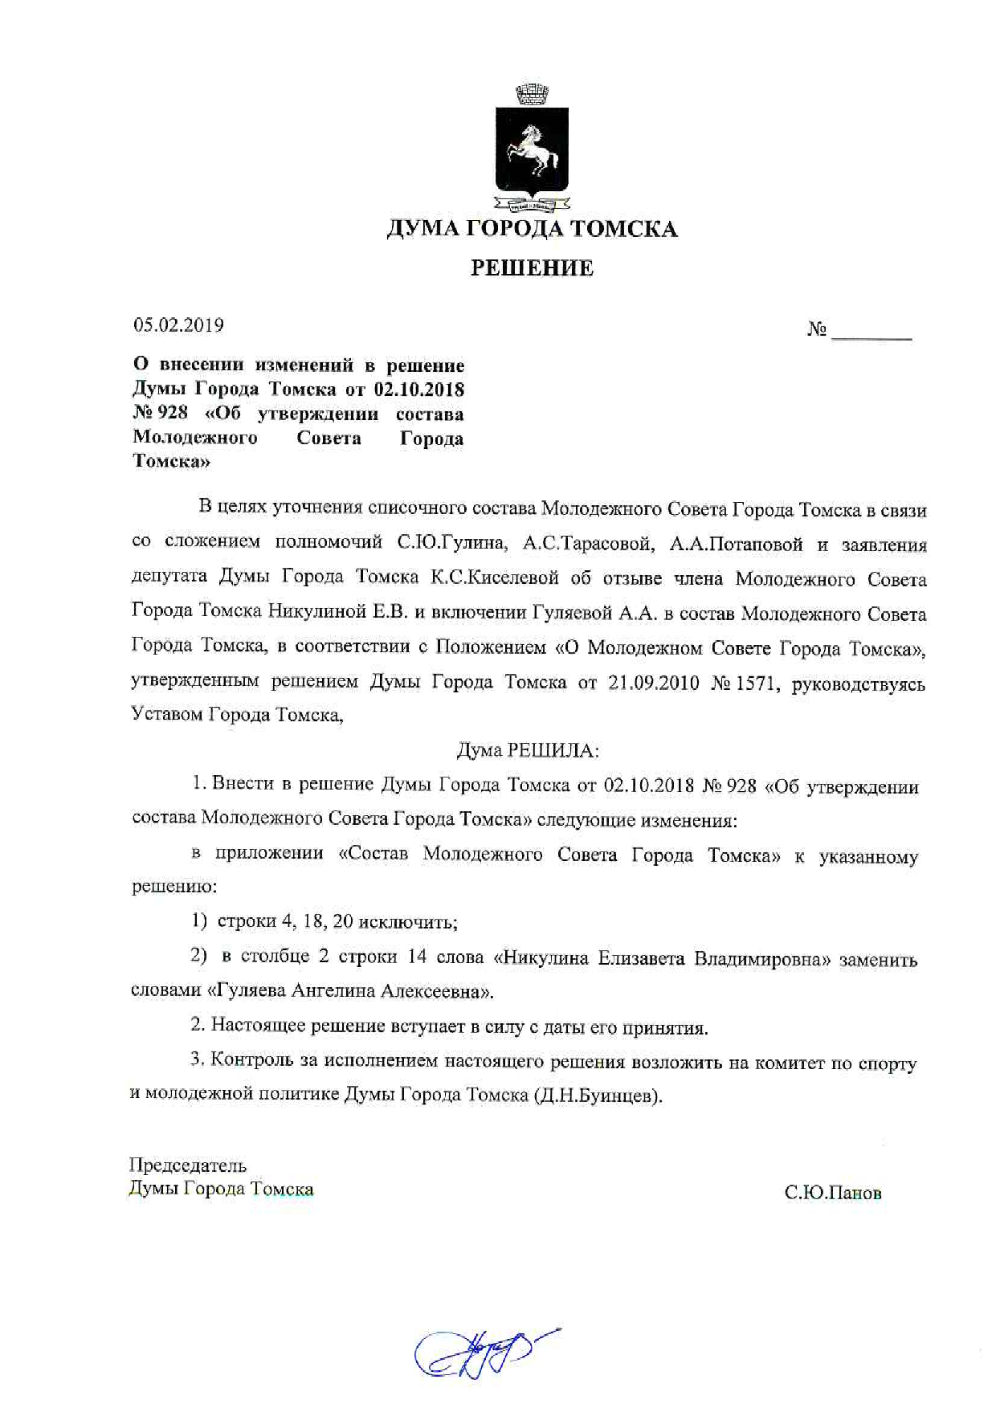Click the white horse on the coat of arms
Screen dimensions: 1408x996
click(531, 148)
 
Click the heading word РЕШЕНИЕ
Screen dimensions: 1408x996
click(532, 267)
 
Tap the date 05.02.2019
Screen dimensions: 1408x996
click(178, 325)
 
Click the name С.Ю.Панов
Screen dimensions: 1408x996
click(833, 1194)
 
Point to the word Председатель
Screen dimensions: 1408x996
click(188, 1165)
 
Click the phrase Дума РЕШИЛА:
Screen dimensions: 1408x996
click(528, 751)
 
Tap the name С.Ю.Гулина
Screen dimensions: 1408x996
click(452, 544)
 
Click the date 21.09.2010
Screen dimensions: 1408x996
click(651, 684)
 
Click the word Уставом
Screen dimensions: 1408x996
click(166, 714)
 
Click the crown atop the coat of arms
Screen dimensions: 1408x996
click(531, 94)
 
